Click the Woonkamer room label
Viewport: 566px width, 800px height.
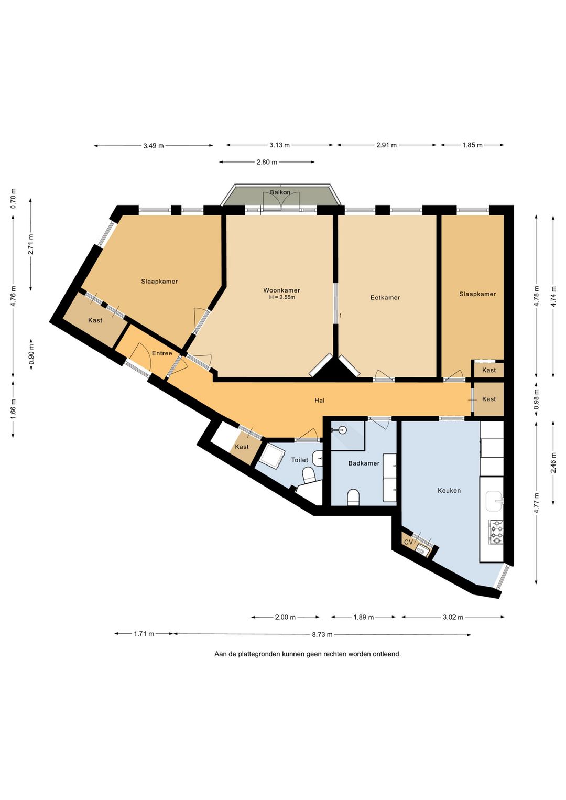coord(281,290)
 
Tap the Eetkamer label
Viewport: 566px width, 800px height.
coord(385,297)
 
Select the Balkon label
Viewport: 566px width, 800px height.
coord(280,192)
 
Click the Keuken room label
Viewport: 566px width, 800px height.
coord(449,491)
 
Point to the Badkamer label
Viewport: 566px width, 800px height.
coord(364,463)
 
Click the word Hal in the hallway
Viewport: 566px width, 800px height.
coord(319,401)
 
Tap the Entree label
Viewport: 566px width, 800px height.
coord(162,353)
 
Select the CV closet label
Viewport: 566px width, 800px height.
coord(409,542)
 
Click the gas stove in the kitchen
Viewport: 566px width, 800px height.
coord(496,532)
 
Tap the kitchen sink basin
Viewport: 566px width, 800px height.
coord(494,501)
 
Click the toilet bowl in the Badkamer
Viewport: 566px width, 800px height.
coord(353,498)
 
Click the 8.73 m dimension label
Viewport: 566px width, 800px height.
coord(322,635)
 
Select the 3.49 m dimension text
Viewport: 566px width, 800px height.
coord(153,146)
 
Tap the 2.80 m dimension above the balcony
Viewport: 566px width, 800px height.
coord(266,162)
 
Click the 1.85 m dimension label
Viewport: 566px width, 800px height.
coord(472,145)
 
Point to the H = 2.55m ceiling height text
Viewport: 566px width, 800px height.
coord(282,297)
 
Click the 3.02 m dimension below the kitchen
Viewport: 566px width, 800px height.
coord(453,617)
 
